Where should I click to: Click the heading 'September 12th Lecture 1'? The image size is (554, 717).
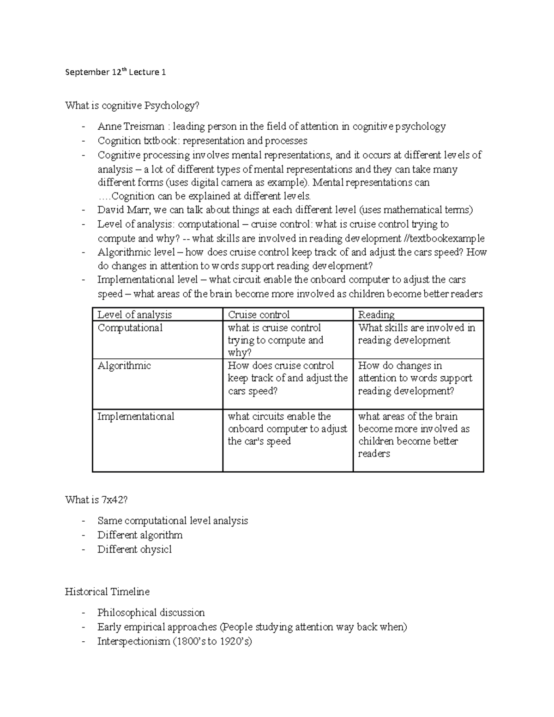click(x=115, y=72)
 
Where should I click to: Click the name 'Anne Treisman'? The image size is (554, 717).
click(x=131, y=127)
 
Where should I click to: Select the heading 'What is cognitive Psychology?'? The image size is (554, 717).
click(x=132, y=106)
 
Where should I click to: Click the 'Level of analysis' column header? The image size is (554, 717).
click(x=134, y=315)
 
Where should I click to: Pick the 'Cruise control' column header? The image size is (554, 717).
click(x=259, y=315)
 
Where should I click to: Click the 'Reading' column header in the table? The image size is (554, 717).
click(x=376, y=315)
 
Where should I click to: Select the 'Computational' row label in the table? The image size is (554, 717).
click(x=130, y=328)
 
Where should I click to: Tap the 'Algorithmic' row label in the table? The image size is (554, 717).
click(x=124, y=366)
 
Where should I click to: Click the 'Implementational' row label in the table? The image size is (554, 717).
click(x=136, y=416)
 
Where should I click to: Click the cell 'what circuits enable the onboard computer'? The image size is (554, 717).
click(x=287, y=428)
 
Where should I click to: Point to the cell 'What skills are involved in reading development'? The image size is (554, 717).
click(x=416, y=334)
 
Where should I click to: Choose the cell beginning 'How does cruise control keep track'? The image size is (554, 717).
click(x=287, y=378)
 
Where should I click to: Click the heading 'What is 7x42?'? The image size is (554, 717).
click(x=96, y=500)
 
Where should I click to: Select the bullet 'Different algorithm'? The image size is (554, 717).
click(x=140, y=535)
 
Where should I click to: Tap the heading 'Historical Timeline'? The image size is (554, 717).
click(x=107, y=592)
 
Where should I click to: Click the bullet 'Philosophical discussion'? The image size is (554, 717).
click(x=151, y=613)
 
